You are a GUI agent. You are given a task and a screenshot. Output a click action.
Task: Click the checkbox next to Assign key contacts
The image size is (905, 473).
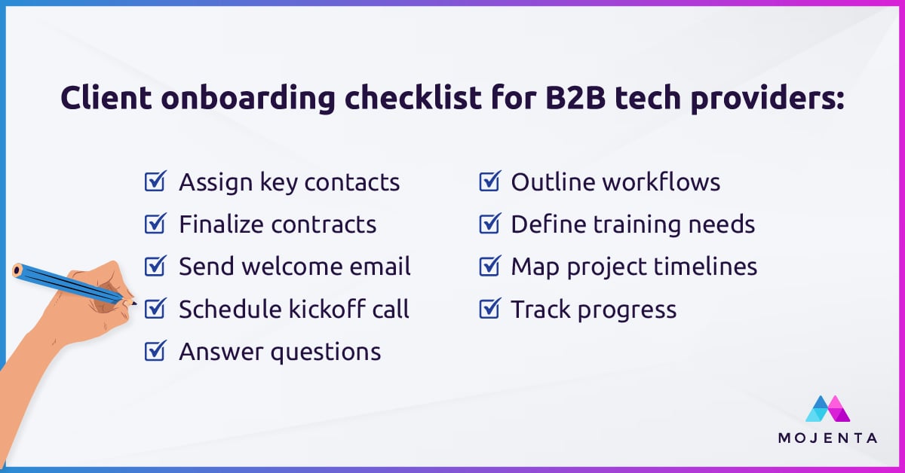(155, 182)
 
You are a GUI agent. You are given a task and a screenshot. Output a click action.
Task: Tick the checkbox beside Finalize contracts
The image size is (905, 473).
(155, 224)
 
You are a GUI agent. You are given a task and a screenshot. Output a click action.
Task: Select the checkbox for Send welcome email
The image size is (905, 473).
(155, 267)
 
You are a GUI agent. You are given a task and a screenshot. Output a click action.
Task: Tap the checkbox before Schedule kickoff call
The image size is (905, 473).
(155, 309)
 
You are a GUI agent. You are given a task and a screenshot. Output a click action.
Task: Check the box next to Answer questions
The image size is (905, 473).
(155, 351)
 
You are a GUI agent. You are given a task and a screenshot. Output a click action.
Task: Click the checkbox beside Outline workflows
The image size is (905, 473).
(490, 182)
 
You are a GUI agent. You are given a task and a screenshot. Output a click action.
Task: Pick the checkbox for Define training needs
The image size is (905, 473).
(490, 224)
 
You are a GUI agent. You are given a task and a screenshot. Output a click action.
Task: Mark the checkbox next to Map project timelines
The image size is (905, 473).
(490, 267)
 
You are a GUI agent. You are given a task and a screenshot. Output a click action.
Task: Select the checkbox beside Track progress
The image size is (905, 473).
(490, 309)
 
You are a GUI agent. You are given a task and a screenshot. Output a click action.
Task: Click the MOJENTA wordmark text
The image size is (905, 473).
(827, 438)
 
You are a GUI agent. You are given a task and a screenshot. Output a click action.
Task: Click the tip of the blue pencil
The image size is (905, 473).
(133, 303)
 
